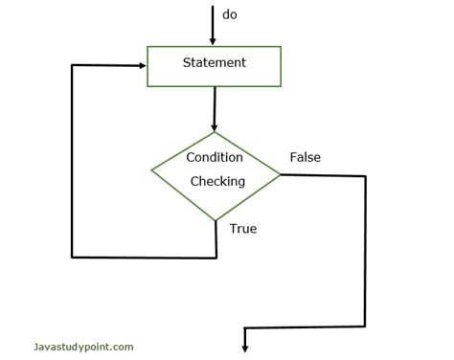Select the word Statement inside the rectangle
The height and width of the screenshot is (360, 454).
[x=214, y=63]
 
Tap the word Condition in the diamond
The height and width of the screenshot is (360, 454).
[x=214, y=157]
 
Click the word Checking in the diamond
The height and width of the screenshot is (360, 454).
[x=217, y=180]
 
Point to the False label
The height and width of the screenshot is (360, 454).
[x=305, y=157]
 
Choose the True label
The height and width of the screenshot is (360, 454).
[x=243, y=229]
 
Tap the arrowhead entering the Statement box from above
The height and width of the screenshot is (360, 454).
[x=213, y=40]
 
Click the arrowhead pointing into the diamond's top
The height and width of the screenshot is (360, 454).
[x=215, y=126]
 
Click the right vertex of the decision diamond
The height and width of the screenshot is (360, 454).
[x=281, y=174]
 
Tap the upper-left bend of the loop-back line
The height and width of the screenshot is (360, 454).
[x=73, y=65]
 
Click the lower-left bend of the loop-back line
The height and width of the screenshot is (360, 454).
[x=73, y=257]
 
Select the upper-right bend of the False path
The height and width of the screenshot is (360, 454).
[x=365, y=176]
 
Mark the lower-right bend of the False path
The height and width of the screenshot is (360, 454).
[x=365, y=327]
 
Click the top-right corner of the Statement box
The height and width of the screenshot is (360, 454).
[x=281, y=46]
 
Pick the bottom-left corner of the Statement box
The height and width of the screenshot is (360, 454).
[x=147, y=85]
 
